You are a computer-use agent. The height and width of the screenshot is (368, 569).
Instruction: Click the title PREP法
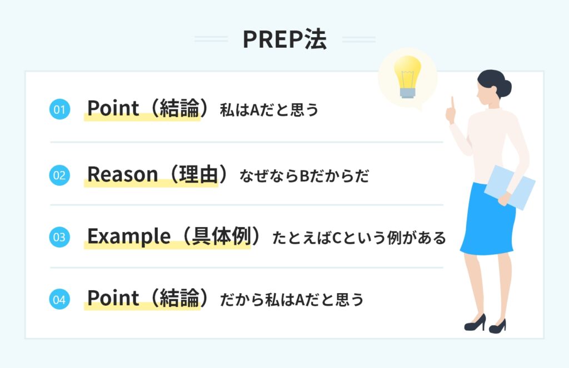point(284,39)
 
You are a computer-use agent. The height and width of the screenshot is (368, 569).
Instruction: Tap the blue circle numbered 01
point(59,109)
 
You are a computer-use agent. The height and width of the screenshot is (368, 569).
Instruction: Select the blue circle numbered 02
point(59,176)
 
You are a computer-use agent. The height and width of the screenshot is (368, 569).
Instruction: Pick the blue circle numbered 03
point(59,238)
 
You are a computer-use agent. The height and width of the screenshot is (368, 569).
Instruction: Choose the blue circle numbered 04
point(59,300)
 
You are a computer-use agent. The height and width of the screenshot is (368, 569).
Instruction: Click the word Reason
point(122,175)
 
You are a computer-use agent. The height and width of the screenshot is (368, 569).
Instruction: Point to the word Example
point(128,237)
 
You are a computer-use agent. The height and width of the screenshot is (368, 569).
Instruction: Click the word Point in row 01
point(113,108)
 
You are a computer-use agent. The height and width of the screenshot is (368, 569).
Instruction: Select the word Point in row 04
point(113,299)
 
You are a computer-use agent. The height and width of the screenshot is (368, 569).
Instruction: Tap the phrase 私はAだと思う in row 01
point(269,110)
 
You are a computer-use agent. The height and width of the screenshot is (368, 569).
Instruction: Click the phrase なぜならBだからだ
point(305,177)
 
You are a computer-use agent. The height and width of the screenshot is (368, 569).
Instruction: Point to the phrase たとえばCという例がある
point(359,239)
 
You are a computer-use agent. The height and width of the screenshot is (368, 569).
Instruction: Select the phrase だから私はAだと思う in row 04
point(292,300)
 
